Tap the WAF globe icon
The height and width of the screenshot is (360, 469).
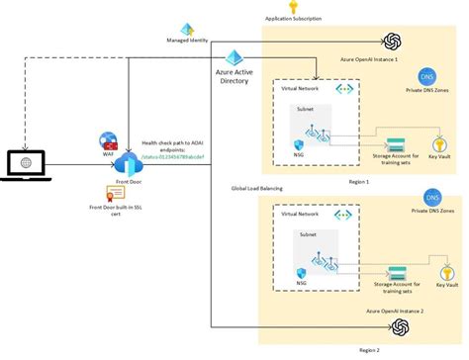coord(108,141)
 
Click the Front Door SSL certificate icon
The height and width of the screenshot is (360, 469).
coord(116,192)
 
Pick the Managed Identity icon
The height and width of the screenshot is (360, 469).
coord(186,31)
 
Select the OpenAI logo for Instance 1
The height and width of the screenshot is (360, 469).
coord(392,41)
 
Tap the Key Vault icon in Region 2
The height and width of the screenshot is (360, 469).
coord(445,271)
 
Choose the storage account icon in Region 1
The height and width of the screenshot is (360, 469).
coord(397,144)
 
